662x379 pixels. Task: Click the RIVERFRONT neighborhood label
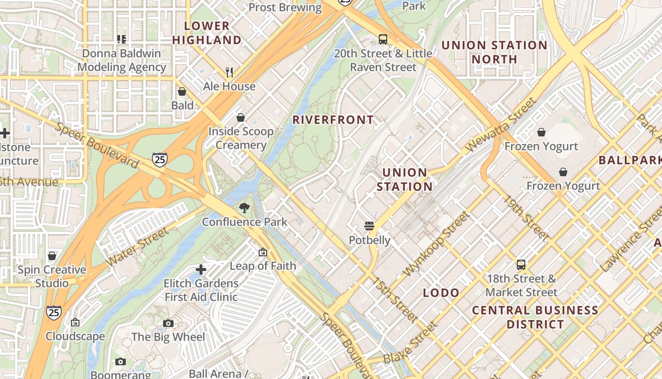tap(333, 120)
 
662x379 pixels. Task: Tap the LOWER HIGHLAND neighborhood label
tap(207, 33)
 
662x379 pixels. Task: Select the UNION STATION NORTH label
tap(494, 52)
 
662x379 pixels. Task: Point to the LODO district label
tap(441, 293)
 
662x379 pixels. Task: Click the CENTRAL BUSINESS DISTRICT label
tap(535, 317)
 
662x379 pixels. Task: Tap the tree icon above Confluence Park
tap(244, 208)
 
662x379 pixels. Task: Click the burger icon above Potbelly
tap(369, 226)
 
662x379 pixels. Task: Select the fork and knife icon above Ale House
tap(229, 72)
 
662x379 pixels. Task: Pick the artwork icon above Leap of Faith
tap(263, 252)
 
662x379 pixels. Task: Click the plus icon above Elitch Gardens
tap(201, 270)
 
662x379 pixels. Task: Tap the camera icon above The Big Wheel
tap(168, 323)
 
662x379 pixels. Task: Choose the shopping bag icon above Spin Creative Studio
tap(52, 256)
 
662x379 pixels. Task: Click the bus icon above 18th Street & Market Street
tap(521, 265)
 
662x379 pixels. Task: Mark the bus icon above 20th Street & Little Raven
tap(383, 39)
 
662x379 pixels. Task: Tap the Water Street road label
tap(137, 246)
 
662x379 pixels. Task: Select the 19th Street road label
tap(526, 217)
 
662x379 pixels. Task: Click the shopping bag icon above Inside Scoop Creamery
tap(241, 117)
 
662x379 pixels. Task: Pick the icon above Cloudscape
tap(75, 323)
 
